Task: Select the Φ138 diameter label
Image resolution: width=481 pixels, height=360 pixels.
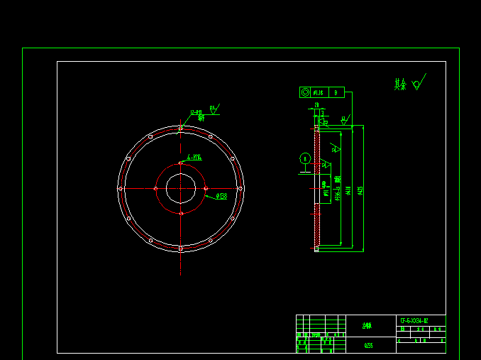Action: point(221,197)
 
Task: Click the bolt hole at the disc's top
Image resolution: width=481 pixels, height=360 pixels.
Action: point(181,129)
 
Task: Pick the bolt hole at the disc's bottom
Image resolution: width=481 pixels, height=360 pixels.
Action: point(181,248)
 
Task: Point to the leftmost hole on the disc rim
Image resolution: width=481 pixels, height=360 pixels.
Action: point(121,188)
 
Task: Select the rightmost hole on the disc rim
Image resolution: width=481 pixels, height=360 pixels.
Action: point(240,188)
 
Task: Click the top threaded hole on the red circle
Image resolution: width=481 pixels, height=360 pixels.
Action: point(181,163)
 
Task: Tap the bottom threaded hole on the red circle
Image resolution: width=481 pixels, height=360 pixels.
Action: point(181,213)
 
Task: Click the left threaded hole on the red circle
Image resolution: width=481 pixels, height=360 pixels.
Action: point(156,188)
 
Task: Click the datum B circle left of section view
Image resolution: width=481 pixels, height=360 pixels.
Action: point(304,158)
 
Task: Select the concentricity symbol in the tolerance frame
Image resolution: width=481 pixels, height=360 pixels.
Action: point(305,92)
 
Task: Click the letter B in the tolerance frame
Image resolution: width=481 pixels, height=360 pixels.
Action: point(337,92)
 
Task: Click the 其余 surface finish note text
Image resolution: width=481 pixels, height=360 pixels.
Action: point(401,84)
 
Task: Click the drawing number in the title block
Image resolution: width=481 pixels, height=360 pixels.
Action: point(414,320)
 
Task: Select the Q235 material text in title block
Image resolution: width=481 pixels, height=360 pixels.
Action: point(369,345)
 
